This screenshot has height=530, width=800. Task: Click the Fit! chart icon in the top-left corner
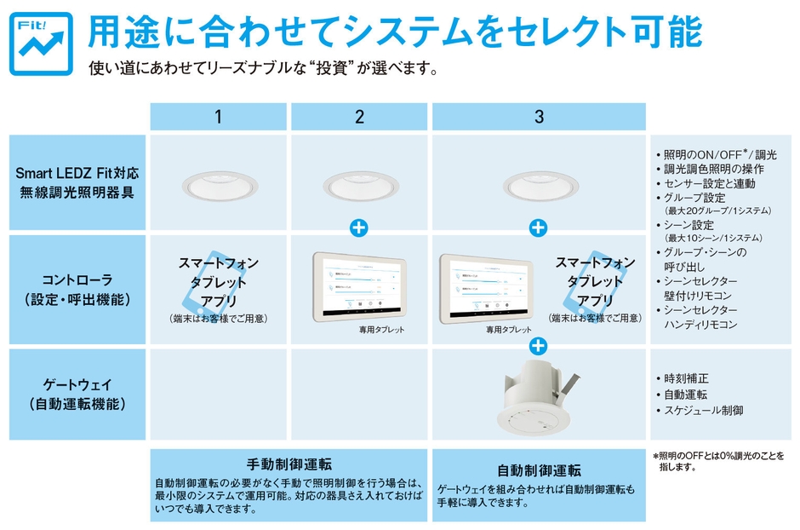(x=41, y=44)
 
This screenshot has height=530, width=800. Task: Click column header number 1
(x=218, y=117)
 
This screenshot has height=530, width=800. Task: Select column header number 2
(x=359, y=117)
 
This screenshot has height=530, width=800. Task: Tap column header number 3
(x=538, y=117)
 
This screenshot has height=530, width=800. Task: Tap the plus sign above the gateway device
(x=538, y=346)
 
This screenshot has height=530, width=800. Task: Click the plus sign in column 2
(x=359, y=228)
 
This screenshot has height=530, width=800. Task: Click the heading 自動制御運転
(x=538, y=470)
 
